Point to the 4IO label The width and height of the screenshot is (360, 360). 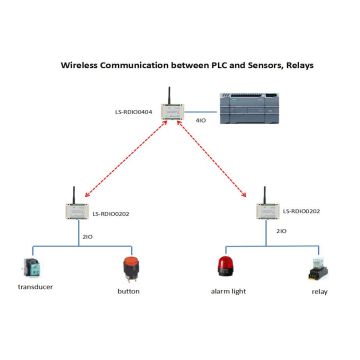click(x=199, y=121)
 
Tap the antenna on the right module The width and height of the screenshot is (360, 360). click(x=263, y=190)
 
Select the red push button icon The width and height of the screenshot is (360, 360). click(x=128, y=268)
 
